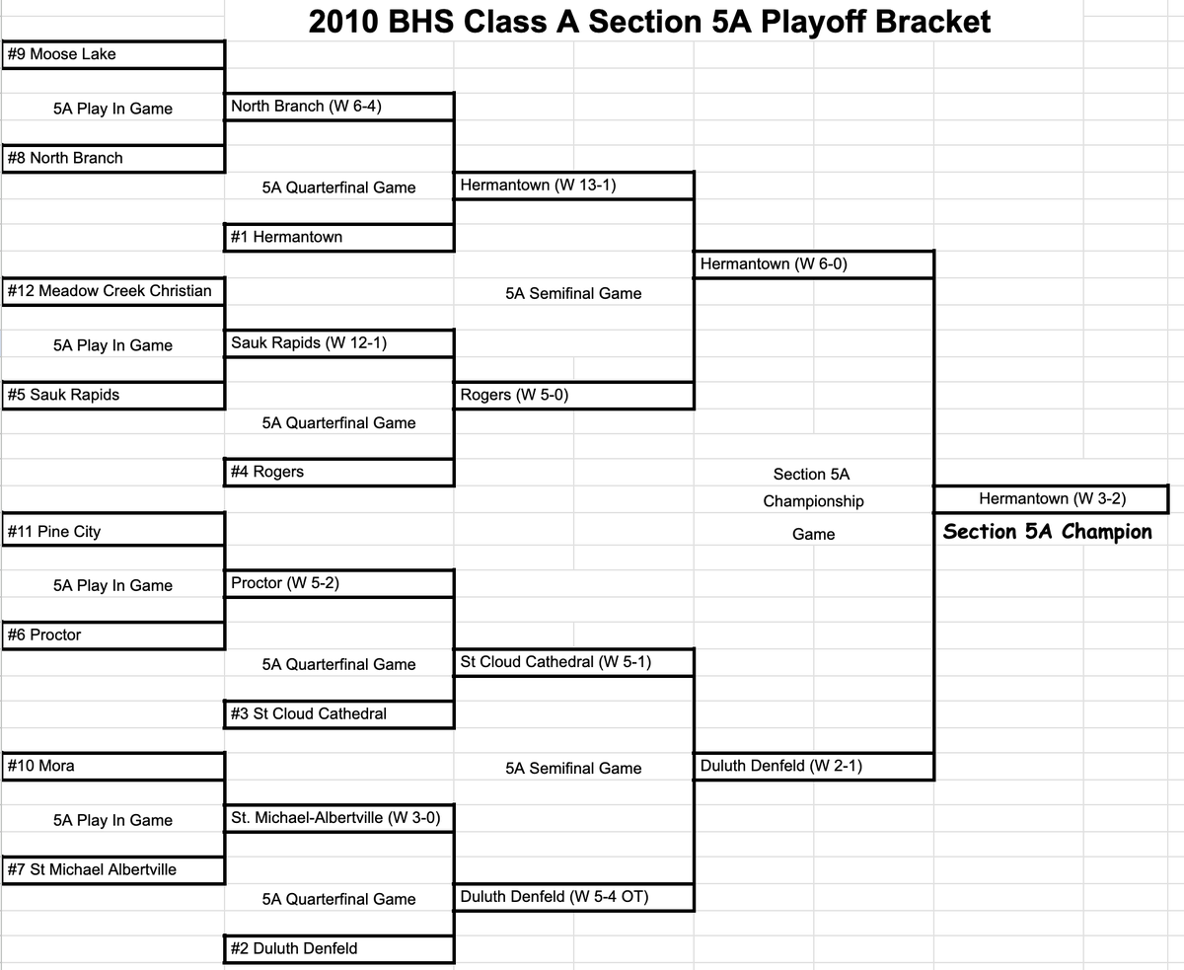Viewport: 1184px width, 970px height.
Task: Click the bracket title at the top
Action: (649, 21)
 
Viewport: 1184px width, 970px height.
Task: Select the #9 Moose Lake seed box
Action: (112, 54)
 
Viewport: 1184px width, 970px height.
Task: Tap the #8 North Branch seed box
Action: (112, 158)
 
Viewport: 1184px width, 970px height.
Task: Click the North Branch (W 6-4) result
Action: (340, 106)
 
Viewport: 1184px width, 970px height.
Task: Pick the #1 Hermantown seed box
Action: (340, 237)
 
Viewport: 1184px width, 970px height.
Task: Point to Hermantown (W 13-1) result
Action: (573, 185)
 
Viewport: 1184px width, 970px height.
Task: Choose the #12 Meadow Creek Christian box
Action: (112, 290)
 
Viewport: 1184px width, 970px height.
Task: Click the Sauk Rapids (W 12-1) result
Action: (340, 342)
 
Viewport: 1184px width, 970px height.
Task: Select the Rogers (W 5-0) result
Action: (573, 395)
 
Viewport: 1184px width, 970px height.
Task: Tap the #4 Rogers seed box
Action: (340, 472)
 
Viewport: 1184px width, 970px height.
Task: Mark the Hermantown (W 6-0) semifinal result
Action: (814, 263)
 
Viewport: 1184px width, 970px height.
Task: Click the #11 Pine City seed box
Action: (112, 531)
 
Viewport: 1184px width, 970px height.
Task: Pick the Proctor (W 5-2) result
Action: (340, 582)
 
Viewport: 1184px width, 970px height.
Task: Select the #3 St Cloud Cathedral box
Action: (340, 713)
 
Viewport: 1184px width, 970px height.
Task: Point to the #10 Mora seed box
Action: (112, 766)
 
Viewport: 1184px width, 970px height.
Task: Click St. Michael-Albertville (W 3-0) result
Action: (340, 818)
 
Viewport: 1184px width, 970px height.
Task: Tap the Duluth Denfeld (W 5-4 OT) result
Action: (573, 896)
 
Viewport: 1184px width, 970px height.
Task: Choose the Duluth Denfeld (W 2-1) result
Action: (814, 766)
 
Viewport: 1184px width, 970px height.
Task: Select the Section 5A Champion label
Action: (1047, 532)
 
